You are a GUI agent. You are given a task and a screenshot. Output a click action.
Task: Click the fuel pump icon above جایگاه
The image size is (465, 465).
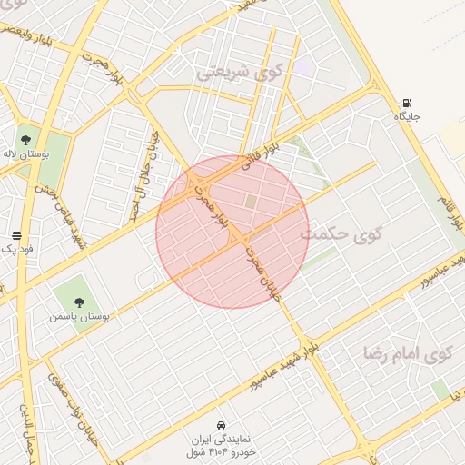tap(406, 103)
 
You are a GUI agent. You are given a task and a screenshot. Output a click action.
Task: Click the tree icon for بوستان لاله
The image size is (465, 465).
tap(25, 139)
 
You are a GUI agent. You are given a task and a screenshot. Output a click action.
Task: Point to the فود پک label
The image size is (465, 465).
tap(16, 249)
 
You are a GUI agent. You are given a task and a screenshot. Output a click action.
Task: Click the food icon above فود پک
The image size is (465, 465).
tap(16, 234)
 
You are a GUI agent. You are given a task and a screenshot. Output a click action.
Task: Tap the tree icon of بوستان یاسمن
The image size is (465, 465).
tap(79, 302)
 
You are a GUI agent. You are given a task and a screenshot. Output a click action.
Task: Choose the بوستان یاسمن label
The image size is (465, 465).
tap(79, 317)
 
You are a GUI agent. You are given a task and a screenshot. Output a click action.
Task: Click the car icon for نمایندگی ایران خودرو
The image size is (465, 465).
tap(222, 424)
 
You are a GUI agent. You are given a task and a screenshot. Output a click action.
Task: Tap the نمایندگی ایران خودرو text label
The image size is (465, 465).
tap(222, 444)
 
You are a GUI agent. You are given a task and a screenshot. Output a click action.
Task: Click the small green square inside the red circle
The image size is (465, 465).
tap(251, 201)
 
